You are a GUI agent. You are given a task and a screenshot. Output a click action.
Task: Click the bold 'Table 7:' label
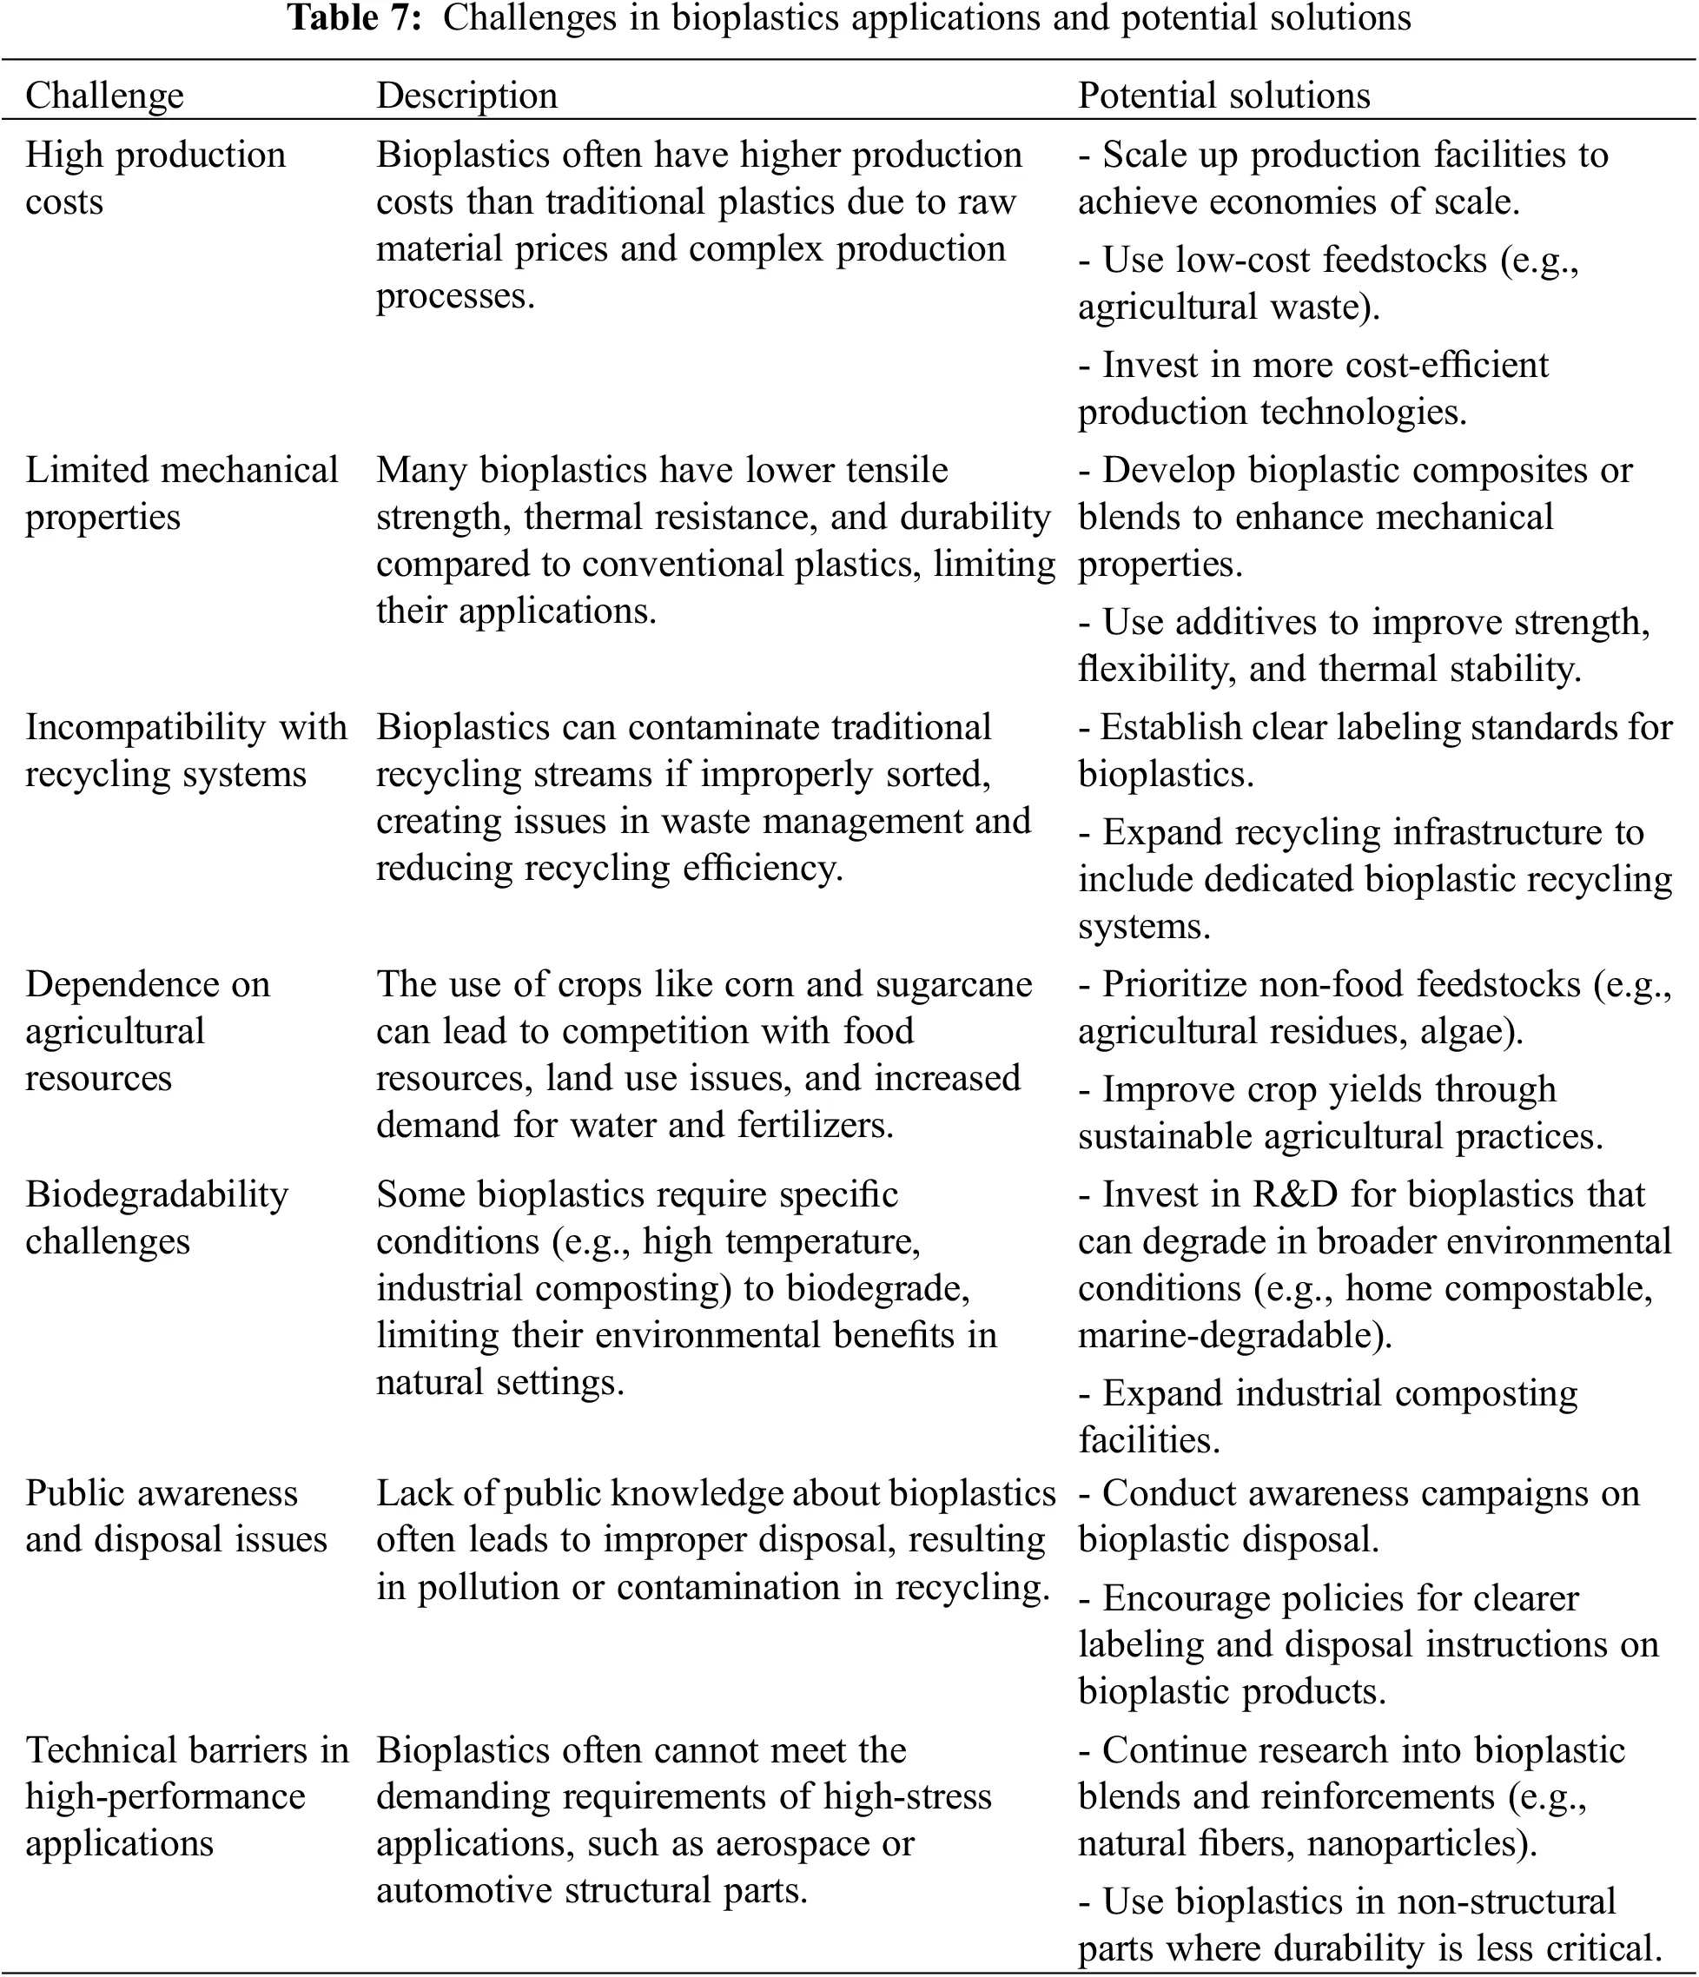pyautogui.click(x=355, y=18)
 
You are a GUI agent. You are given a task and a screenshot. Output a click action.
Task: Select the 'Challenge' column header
pyautogui.click(x=104, y=96)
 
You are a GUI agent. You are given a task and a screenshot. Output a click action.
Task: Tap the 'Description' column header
pyautogui.click(x=466, y=96)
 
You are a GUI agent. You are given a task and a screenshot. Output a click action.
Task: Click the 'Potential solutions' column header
pyautogui.click(x=1224, y=96)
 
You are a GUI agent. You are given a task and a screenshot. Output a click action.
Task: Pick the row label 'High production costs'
pyautogui.click(x=155, y=177)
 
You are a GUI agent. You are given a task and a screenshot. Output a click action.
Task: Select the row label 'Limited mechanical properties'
pyautogui.click(x=182, y=493)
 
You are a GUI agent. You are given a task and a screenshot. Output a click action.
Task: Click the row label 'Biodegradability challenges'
pyautogui.click(x=156, y=1217)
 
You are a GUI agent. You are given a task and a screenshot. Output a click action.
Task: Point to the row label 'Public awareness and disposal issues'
pyautogui.click(x=175, y=1515)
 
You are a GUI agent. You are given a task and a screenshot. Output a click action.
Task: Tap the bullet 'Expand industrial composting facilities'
pyautogui.click(x=1328, y=1394)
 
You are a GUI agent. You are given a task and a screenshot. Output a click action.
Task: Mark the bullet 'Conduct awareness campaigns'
pyautogui.click(x=1359, y=1493)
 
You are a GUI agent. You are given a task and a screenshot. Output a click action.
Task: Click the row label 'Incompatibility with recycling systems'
pyautogui.click(x=185, y=750)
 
